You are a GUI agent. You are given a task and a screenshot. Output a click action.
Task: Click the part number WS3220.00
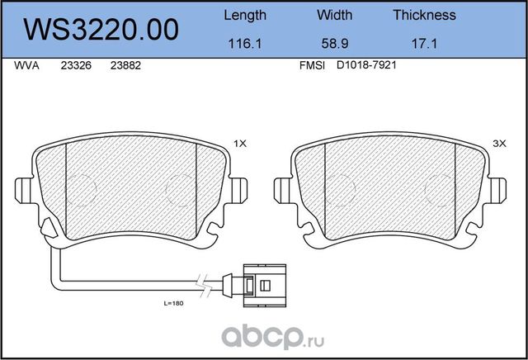pos(101,30)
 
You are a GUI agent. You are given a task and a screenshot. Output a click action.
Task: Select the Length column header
pos(245,16)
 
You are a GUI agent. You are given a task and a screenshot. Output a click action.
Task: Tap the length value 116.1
pos(245,44)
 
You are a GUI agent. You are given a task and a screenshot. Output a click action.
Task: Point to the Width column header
pos(334,15)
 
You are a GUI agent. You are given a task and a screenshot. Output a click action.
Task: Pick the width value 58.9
pos(335,44)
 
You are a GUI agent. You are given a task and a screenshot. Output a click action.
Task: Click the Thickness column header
pos(424,15)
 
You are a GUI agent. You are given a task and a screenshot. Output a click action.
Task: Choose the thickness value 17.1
pos(424,44)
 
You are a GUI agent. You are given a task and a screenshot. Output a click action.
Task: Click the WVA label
pos(26,65)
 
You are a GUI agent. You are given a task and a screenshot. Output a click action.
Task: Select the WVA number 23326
pos(76,65)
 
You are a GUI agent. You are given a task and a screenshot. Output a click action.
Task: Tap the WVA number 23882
pos(125,65)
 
